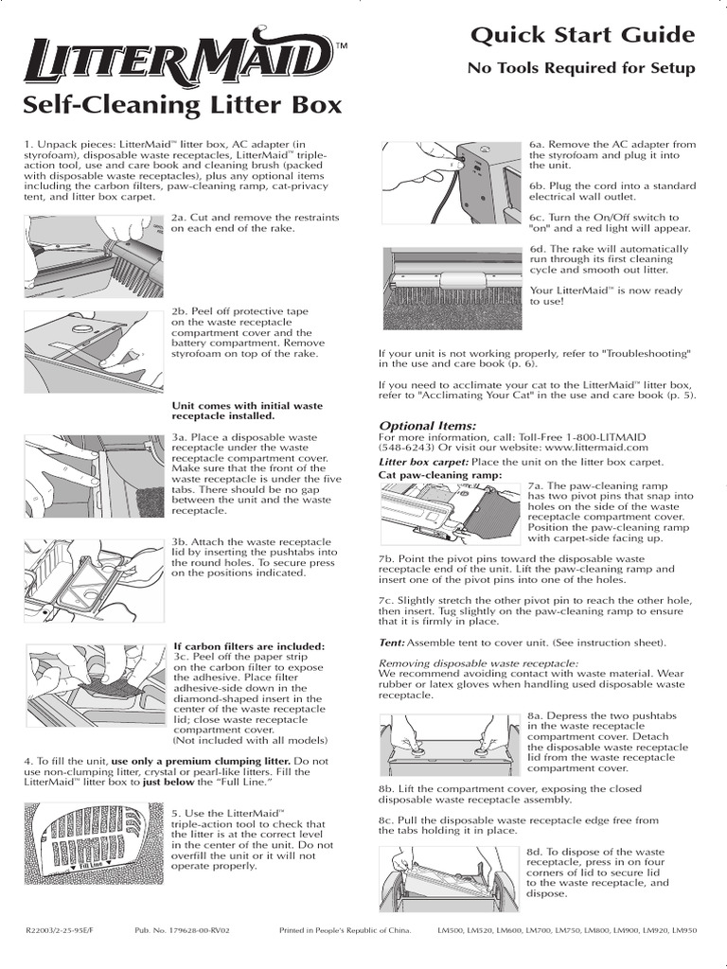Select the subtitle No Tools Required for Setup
581,68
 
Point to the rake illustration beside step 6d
452,288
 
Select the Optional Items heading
428,426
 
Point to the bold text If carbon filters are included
248,646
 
